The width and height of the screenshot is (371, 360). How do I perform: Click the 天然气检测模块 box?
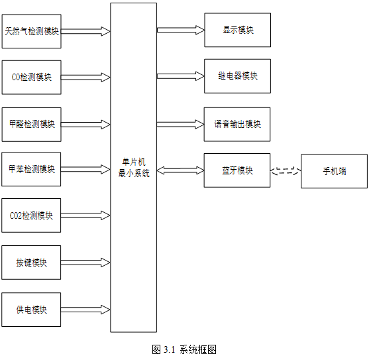(x=32, y=31)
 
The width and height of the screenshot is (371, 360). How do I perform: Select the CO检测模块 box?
(x=32, y=77)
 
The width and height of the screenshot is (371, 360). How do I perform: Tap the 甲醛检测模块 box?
(x=32, y=125)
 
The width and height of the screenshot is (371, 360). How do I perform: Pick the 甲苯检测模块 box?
(x=31, y=169)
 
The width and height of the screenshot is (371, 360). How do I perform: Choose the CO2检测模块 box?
(x=31, y=215)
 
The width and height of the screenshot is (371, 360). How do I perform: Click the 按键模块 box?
(x=31, y=263)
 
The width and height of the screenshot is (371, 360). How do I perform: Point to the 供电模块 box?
(x=31, y=310)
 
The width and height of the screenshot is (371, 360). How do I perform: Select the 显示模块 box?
(x=238, y=30)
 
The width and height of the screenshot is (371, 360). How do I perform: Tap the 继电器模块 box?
(x=238, y=76)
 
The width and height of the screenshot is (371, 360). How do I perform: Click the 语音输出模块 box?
(x=237, y=125)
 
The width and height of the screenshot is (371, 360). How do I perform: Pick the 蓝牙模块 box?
(x=237, y=170)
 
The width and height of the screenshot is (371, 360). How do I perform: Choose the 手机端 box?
(x=334, y=171)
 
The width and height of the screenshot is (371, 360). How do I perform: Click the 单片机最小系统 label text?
(x=134, y=168)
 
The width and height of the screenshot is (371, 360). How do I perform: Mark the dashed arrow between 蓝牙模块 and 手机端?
(x=286, y=171)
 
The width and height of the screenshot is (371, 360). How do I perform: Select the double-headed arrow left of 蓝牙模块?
(x=180, y=170)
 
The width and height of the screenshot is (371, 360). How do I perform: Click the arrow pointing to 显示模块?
(x=180, y=30)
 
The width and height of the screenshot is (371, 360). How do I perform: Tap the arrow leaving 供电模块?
(x=85, y=310)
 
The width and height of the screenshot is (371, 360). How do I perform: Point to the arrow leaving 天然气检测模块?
(x=85, y=31)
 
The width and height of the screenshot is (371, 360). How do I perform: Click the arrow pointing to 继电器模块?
(x=180, y=76)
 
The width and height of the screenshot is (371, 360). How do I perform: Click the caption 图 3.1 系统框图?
(x=184, y=349)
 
